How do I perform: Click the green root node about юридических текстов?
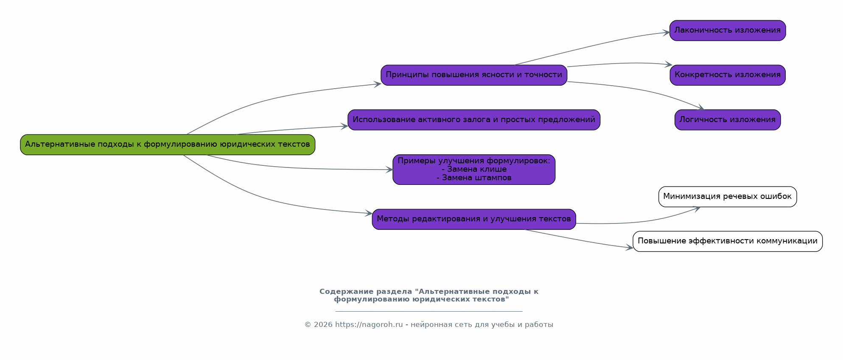click(x=168, y=145)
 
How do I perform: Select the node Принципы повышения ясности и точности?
click(x=473, y=75)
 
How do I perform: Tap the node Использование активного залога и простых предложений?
click(x=473, y=120)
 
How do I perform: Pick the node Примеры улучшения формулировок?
click(x=473, y=161)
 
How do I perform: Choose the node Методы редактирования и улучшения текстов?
click(x=473, y=219)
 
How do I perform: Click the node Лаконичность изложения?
click(x=727, y=31)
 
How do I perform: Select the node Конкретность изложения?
click(x=727, y=75)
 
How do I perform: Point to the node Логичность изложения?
click(x=727, y=120)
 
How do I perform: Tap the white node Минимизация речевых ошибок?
click(x=727, y=197)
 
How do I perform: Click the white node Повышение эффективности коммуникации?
click(x=727, y=241)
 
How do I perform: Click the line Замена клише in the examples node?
click(x=474, y=170)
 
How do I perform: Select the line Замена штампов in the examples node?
click(x=474, y=178)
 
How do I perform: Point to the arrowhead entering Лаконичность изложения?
click(x=667, y=32)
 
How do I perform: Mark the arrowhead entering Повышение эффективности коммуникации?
click(x=630, y=248)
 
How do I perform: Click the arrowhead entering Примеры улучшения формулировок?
click(x=389, y=170)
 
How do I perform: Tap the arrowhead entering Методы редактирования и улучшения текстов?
click(x=369, y=214)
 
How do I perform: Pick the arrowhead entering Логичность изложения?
click(x=701, y=109)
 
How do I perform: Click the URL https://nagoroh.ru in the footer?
click(x=369, y=325)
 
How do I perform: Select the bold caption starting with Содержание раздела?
click(x=429, y=296)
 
